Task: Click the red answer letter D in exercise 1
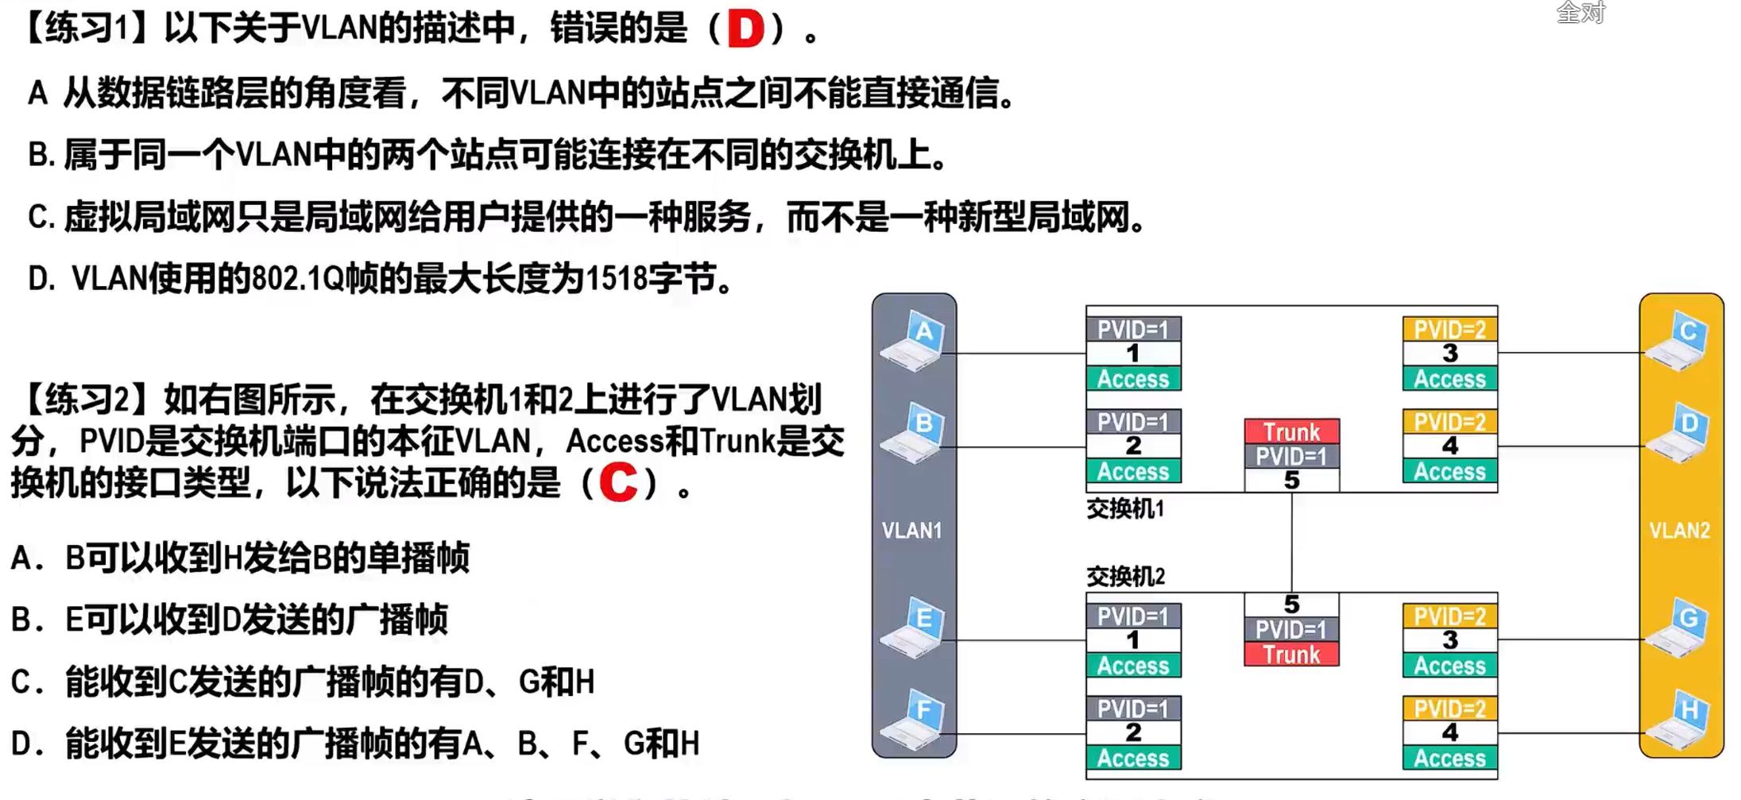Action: point(745,29)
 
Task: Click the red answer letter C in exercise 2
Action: point(618,481)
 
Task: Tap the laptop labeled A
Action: point(914,341)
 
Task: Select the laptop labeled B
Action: point(914,433)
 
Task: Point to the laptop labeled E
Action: point(914,628)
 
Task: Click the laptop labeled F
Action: point(914,720)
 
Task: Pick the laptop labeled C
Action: point(1678,341)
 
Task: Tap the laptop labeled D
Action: point(1678,433)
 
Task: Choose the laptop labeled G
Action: point(1678,628)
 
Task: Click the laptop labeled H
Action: point(1678,720)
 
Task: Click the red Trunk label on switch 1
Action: point(1291,432)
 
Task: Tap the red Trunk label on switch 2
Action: point(1291,655)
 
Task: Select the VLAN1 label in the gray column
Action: point(911,531)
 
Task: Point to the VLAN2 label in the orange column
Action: point(1679,531)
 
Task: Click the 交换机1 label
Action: point(1124,509)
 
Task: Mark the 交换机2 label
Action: point(1124,576)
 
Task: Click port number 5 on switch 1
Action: point(1291,480)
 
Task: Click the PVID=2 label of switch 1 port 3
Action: point(1449,330)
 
